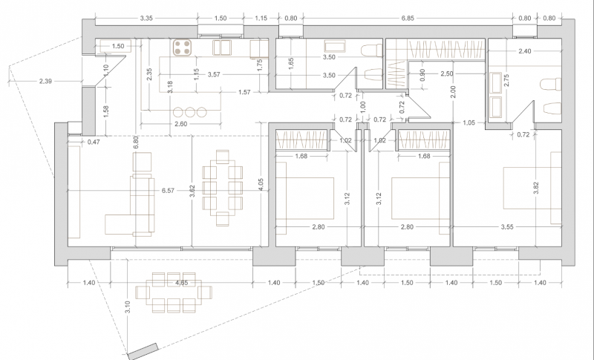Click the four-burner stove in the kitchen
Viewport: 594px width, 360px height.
(x=183, y=48)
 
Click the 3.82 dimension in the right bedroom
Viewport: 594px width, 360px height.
(x=537, y=189)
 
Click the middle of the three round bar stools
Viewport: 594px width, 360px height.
(x=189, y=112)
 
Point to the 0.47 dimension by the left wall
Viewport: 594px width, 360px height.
(x=73, y=141)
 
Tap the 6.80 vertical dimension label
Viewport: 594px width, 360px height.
(x=135, y=143)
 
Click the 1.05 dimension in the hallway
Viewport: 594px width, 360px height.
(x=469, y=123)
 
